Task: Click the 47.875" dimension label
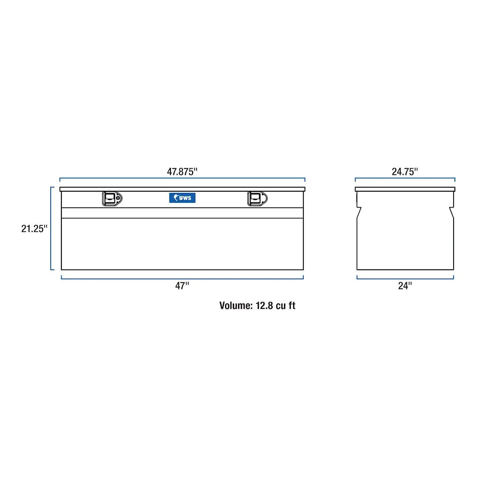(x=182, y=172)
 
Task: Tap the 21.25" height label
(x=34, y=228)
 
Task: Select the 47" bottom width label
(x=182, y=286)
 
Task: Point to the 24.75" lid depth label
(x=405, y=172)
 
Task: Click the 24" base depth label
(x=405, y=286)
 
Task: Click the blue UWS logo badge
(x=182, y=198)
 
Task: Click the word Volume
(x=236, y=306)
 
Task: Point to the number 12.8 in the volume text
(x=264, y=306)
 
